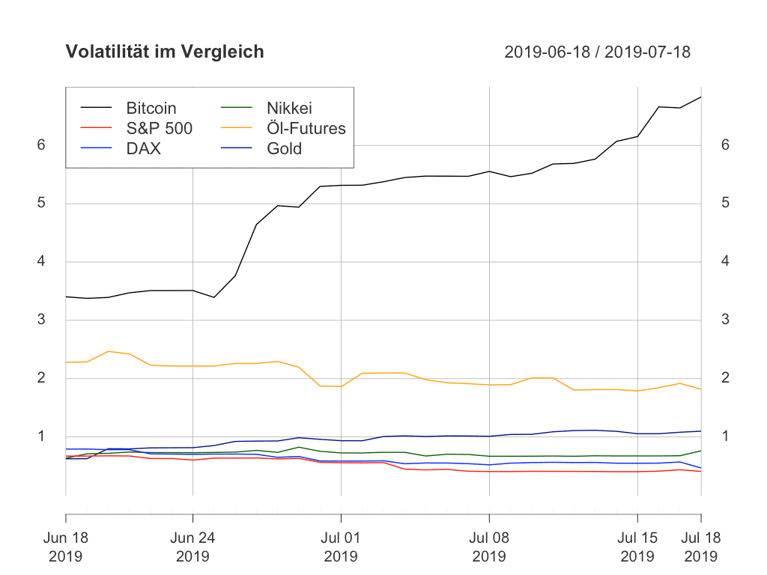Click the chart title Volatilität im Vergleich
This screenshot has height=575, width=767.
click(x=165, y=52)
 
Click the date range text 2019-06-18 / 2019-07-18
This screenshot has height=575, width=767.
click(x=597, y=52)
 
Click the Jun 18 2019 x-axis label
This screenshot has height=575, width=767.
click(x=66, y=547)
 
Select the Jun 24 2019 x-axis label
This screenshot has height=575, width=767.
click(x=192, y=547)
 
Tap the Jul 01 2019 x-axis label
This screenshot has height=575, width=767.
click(x=341, y=547)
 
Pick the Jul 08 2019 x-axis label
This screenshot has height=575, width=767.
click(x=489, y=547)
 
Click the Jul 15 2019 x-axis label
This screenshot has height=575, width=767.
click(x=637, y=547)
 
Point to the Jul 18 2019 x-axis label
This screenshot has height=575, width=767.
click(x=701, y=547)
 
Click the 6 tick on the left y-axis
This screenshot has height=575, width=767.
click(x=41, y=145)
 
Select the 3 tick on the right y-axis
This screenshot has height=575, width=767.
click(x=725, y=320)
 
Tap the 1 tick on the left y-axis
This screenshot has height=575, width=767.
click(x=41, y=436)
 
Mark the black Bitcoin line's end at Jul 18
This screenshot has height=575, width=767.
click(x=701, y=97)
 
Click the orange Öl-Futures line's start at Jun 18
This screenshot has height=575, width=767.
click(x=66, y=362)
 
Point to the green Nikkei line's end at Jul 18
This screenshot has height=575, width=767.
click(x=701, y=451)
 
